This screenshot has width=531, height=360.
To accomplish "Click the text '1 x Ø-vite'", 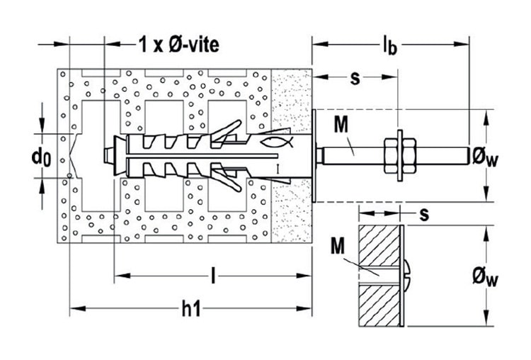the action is click(179, 45).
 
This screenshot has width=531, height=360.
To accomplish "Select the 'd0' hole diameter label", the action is click(41, 157).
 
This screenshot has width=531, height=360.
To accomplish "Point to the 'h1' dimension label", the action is click(191, 308).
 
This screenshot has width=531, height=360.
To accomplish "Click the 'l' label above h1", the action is click(212, 275).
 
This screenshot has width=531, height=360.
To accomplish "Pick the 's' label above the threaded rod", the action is click(355, 78).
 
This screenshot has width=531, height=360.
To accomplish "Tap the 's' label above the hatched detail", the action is click(424, 215).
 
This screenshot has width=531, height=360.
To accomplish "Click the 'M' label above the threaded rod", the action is click(341, 124).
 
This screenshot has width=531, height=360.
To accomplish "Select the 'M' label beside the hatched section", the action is click(337, 246).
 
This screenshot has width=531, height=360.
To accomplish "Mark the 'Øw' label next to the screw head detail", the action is click(486, 279).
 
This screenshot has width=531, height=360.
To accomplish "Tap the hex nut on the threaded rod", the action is click(400, 156).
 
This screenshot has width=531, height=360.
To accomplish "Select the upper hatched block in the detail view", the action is click(379, 246).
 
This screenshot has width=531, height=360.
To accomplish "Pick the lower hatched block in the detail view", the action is click(379, 305).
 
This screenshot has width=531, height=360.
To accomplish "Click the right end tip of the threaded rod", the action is click(469, 156).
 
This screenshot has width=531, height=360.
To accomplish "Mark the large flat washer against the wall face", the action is click(314, 156).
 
